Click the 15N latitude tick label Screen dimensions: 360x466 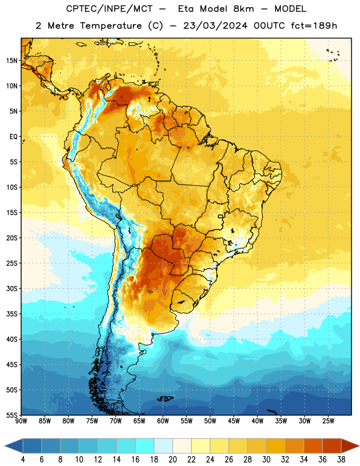pos(12,61)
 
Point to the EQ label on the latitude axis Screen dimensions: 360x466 pos(13,137)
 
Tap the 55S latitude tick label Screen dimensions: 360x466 pos(12,415)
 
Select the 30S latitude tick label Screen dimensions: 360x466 pos(12,288)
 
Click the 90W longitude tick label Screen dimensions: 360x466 pos(21,421)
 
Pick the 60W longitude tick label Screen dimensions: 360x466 pos(163,421)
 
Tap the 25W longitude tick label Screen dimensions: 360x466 pos(328,421)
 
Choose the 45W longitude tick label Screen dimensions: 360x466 pos(234,421)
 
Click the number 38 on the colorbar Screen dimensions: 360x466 pos(341,460)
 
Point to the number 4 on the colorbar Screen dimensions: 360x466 pos(23,460)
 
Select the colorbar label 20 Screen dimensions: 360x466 pos(172,460)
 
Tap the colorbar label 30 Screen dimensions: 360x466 pos(266,460)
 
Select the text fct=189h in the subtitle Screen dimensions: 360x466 pos(314,26)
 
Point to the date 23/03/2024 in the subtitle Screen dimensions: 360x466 pos(216,26)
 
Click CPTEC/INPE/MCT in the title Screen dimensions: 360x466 pos(110,9)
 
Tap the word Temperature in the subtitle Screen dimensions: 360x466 pos(111,26)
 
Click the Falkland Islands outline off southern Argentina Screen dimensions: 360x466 pos(165,398)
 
